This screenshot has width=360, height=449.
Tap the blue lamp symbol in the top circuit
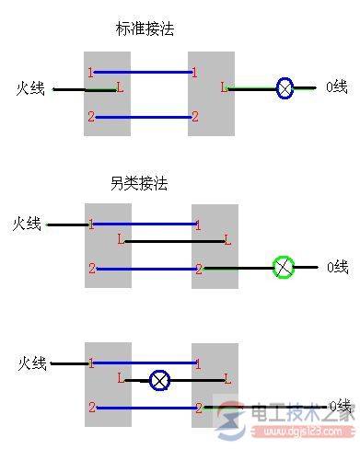285,88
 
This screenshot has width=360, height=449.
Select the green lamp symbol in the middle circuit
285,269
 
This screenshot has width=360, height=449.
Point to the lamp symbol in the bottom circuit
160,378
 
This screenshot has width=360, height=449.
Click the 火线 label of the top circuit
31,88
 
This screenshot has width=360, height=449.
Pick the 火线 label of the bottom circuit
31,363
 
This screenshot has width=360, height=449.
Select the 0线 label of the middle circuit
337,268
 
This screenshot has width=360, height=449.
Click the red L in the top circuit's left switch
120,88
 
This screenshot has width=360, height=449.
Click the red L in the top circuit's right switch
224,88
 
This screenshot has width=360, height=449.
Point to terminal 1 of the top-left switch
90,72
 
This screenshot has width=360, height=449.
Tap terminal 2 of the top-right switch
194,117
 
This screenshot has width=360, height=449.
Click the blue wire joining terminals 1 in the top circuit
143,72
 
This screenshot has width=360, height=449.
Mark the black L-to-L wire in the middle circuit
175,241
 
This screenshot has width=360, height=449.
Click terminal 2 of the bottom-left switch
91,407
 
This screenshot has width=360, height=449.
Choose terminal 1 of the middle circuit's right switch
198,224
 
